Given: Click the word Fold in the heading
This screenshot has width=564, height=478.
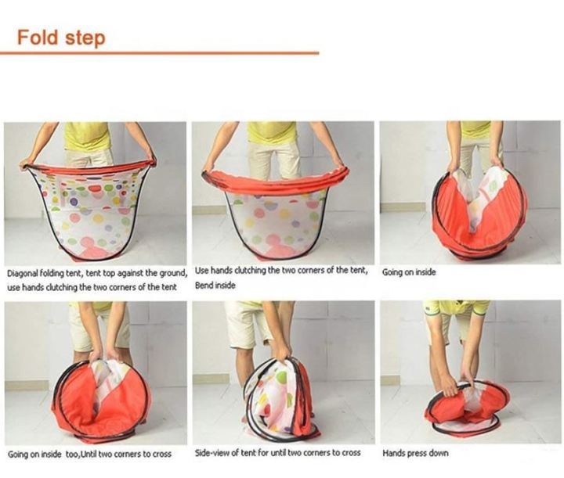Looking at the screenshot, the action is click(x=38, y=37).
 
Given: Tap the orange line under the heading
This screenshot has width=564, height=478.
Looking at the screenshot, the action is click(x=159, y=53).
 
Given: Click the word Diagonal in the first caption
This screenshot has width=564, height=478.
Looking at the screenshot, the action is click(x=22, y=274).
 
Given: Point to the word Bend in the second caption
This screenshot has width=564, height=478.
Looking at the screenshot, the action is click(x=203, y=286).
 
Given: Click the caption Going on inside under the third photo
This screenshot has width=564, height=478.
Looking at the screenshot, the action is click(x=409, y=272).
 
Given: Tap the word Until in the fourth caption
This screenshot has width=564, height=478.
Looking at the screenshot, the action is click(x=89, y=455).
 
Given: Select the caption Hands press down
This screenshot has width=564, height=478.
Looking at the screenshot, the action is click(x=415, y=453).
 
